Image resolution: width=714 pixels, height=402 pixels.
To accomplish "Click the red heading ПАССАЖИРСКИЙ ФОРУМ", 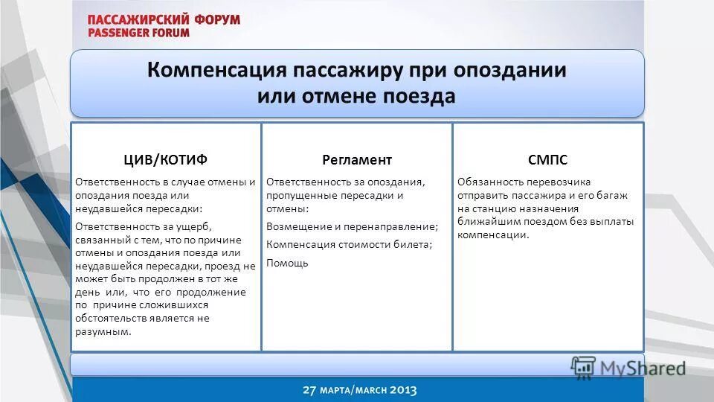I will [x=164, y=19].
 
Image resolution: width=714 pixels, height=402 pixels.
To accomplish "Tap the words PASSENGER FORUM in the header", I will [x=138, y=33].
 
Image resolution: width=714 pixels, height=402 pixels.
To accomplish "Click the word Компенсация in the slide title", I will [x=216, y=71].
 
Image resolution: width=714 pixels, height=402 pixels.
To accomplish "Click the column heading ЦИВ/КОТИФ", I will [x=165, y=160].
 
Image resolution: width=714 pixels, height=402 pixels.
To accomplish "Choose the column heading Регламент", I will [x=357, y=160].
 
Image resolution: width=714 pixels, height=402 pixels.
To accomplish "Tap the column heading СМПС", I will [x=547, y=160].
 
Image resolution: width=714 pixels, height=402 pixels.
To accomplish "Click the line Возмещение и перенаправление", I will [x=352, y=226].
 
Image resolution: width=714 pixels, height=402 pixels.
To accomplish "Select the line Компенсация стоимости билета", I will [x=349, y=244].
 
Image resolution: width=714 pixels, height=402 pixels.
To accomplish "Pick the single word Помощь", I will [x=287, y=263].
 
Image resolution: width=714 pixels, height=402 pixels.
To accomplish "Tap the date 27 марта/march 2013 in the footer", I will [x=359, y=390].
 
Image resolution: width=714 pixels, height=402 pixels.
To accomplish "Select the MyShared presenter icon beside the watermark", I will [x=583, y=367].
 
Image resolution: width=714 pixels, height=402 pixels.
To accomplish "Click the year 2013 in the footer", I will [x=401, y=390].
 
